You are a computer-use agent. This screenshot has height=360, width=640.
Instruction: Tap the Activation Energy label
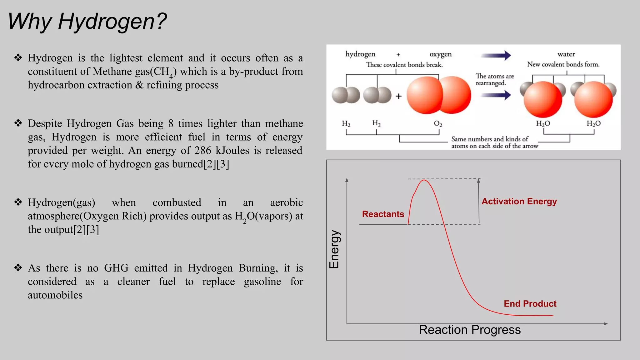(x=519, y=202)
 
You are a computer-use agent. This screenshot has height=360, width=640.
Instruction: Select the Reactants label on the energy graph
(x=383, y=214)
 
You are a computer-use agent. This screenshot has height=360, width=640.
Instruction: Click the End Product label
(x=530, y=304)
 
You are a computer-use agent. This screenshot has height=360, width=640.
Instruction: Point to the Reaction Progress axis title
(x=470, y=330)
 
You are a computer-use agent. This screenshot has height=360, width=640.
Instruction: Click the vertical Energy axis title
(x=334, y=249)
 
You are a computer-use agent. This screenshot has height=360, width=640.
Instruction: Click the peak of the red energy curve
(x=424, y=180)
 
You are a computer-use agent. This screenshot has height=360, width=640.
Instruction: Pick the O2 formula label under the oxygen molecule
(x=438, y=124)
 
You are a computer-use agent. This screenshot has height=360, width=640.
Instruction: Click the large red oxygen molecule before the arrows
(x=439, y=95)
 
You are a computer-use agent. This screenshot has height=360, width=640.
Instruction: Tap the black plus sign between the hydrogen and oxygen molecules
(x=398, y=96)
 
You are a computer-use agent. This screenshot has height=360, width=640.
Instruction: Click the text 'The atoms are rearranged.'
(x=494, y=80)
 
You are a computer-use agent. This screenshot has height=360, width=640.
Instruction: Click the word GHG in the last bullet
(x=116, y=268)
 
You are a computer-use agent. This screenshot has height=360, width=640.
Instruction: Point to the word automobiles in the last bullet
(x=55, y=295)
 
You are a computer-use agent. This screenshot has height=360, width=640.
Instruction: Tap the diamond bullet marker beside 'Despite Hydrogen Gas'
(x=18, y=123)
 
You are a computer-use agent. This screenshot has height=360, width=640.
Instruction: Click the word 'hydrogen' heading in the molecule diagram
(x=360, y=54)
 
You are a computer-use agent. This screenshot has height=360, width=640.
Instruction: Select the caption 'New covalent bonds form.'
(x=563, y=64)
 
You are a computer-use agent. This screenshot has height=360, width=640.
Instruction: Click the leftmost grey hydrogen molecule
(x=346, y=95)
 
